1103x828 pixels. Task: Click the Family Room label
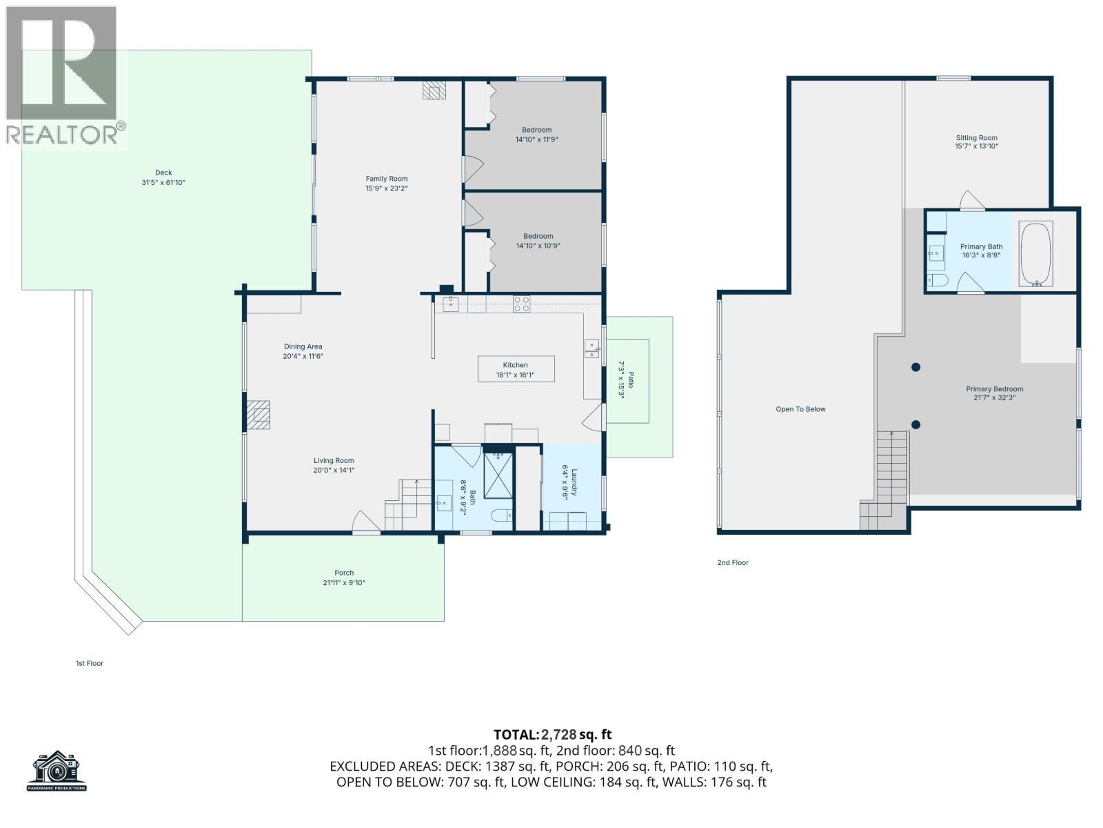(x=387, y=179)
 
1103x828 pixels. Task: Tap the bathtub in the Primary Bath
(x=1035, y=253)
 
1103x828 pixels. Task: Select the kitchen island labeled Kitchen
(x=516, y=369)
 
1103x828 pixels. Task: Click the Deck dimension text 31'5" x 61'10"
(x=163, y=183)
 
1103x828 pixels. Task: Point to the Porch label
(x=344, y=573)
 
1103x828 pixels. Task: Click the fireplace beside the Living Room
(x=259, y=415)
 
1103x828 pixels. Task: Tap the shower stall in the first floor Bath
(x=498, y=475)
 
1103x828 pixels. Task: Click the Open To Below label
(x=800, y=409)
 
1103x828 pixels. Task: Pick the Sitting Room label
(x=976, y=138)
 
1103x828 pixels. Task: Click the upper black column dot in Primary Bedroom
(x=915, y=367)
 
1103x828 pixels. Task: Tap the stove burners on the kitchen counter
(x=522, y=304)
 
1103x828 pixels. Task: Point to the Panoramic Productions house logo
(x=57, y=770)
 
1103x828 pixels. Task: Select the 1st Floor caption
(x=90, y=663)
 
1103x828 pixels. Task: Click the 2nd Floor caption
(x=733, y=562)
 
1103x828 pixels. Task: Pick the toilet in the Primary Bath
(x=938, y=280)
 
